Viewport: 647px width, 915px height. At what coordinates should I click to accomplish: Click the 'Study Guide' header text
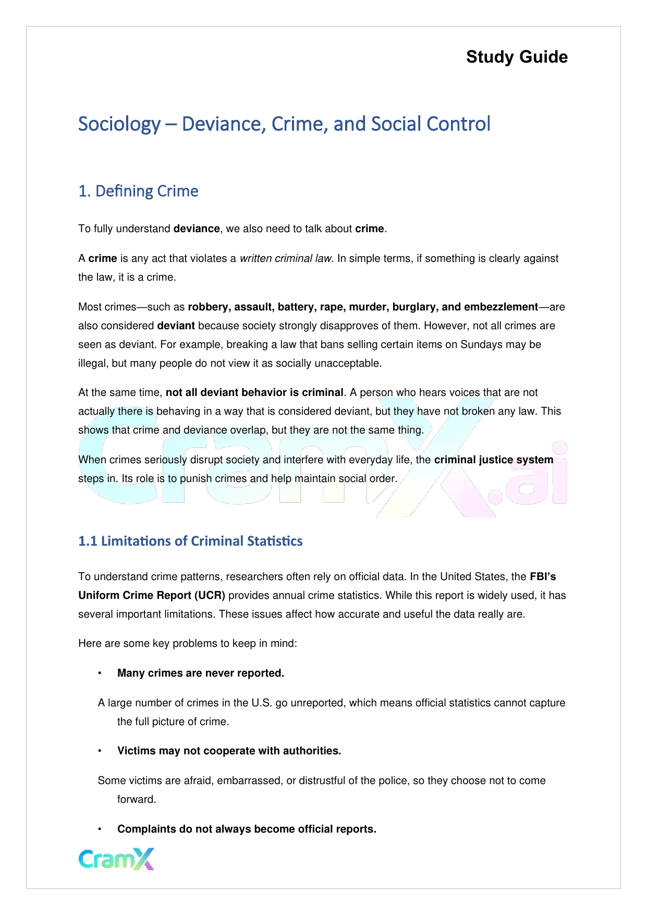[x=517, y=57]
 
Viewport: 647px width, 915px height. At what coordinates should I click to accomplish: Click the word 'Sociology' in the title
[x=119, y=124]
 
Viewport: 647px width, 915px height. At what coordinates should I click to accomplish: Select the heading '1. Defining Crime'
[x=138, y=191]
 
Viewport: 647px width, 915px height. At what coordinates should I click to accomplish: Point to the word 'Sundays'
[x=480, y=344]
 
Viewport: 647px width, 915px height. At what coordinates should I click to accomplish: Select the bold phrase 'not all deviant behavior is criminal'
[x=254, y=392]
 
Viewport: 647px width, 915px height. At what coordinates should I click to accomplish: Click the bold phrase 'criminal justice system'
[x=494, y=460]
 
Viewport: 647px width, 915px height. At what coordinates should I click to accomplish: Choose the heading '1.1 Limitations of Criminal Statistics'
[x=190, y=541]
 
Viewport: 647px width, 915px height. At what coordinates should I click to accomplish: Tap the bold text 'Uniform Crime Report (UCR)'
[x=152, y=595]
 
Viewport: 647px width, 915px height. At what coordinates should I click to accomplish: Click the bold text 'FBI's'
[x=543, y=576]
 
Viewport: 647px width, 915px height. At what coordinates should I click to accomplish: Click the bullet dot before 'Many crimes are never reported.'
[x=100, y=673]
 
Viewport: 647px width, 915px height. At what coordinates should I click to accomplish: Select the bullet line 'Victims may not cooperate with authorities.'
[x=229, y=751]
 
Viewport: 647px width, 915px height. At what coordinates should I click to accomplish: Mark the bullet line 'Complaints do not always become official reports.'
[x=247, y=829]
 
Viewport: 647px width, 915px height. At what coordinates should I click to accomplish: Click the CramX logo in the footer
[x=116, y=859]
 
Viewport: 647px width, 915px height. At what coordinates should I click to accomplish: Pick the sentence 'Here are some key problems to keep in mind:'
[x=188, y=643]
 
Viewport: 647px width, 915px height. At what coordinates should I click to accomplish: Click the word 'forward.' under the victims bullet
[x=137, y=799]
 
